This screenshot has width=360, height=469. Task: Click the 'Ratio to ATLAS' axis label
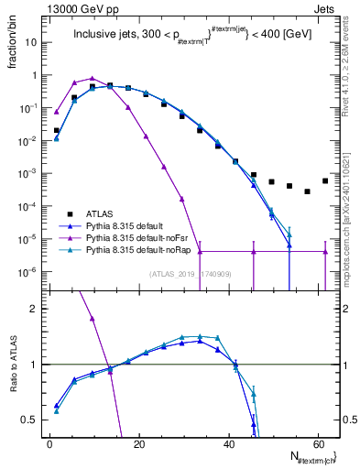[15, 365]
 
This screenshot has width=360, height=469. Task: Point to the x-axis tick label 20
[138, 443]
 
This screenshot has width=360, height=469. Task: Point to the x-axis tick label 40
[228, 443]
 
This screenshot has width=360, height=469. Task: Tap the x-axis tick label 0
[49, 443]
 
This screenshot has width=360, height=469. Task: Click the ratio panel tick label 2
[34, 309]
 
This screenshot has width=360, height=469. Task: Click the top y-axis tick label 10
[32, 42]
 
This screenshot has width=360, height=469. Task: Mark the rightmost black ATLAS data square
[325, 180]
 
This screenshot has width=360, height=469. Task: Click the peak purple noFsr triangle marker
[93, 79]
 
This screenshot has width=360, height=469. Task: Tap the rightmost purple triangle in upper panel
[325, 251]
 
